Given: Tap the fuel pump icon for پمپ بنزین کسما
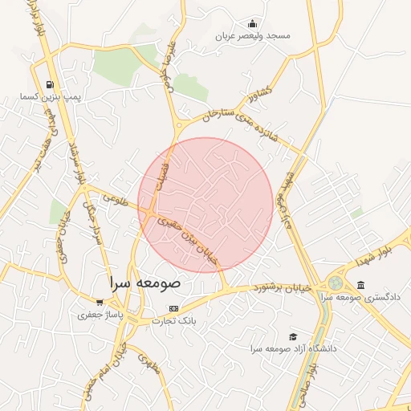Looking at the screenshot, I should tap(51, 84).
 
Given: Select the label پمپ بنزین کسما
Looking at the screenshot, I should tap(51, 96).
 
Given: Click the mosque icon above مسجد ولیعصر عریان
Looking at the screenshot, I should tap(252, 23).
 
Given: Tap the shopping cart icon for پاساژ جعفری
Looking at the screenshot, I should tap(99, 303).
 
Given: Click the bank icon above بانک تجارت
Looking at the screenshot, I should tap(174, 308).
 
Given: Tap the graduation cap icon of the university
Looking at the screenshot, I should tap(293, 336).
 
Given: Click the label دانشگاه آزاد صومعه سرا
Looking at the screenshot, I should tap(293, 348).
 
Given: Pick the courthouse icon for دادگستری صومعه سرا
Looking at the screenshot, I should tap(360, 285).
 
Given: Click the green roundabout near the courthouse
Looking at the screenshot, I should tap(334, 283).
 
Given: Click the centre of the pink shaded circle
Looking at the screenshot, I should tap(206, 205).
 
